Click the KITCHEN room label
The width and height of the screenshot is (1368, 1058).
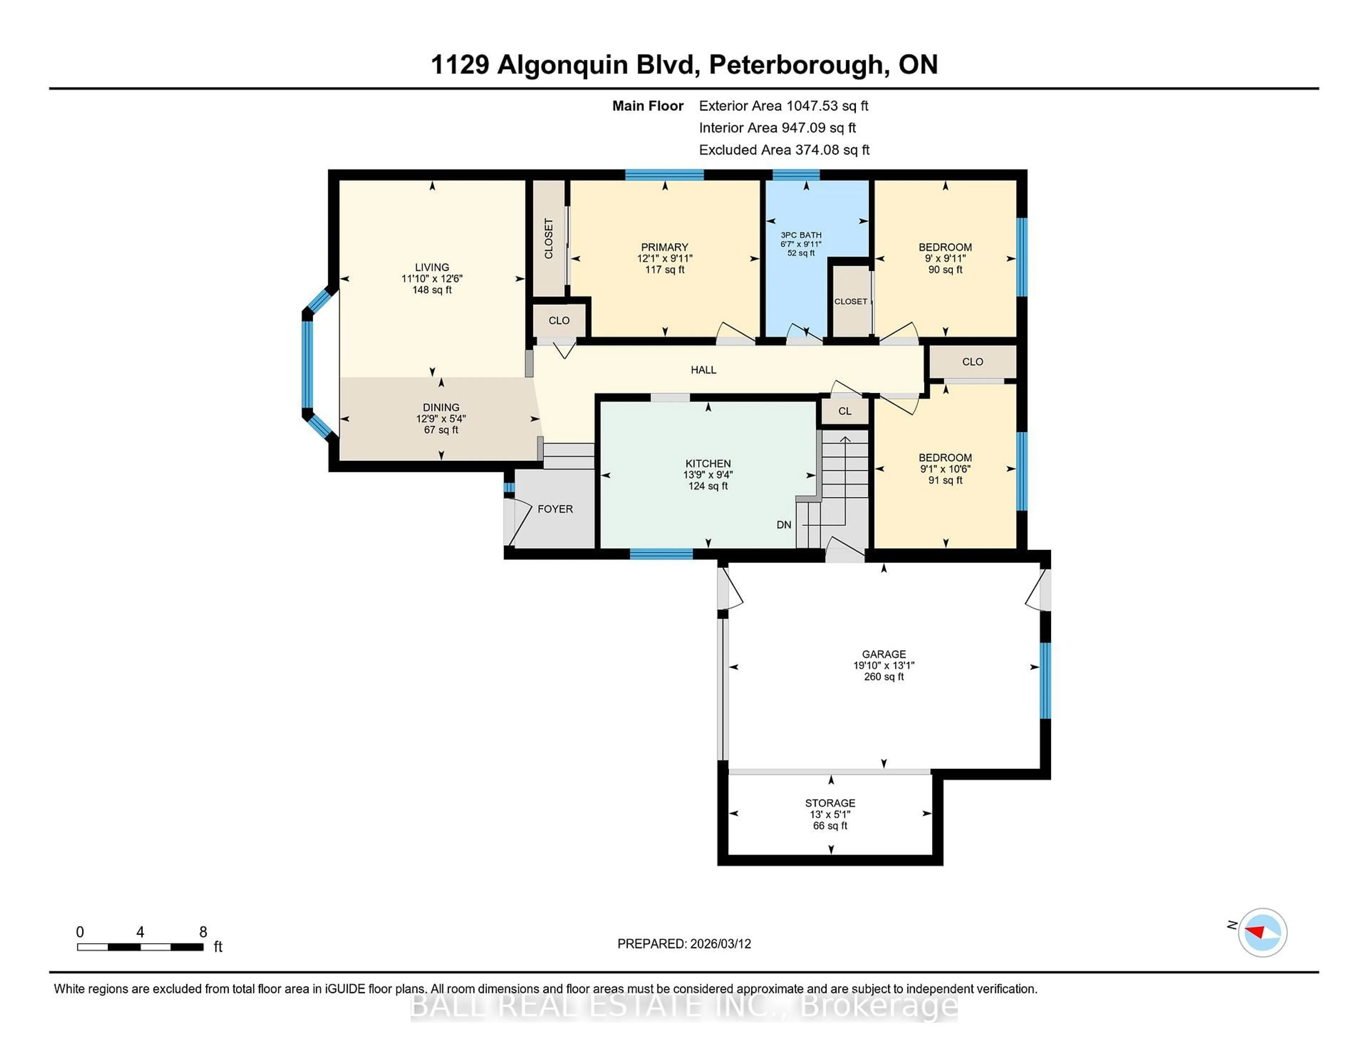708,463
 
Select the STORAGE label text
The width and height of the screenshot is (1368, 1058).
830,803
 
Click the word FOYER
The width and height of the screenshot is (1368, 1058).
555,509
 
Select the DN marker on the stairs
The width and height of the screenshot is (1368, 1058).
784,525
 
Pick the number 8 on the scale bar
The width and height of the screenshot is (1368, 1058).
203,932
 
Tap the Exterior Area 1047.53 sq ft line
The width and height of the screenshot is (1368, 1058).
783,106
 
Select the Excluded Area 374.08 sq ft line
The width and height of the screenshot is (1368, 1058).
784,150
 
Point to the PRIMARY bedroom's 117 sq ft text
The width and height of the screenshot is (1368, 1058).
664,269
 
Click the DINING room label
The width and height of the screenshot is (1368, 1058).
441,407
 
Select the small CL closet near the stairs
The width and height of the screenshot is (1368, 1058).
844,411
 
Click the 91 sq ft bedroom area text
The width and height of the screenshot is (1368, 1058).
945,480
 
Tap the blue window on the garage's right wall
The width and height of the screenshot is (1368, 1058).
1045,680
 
